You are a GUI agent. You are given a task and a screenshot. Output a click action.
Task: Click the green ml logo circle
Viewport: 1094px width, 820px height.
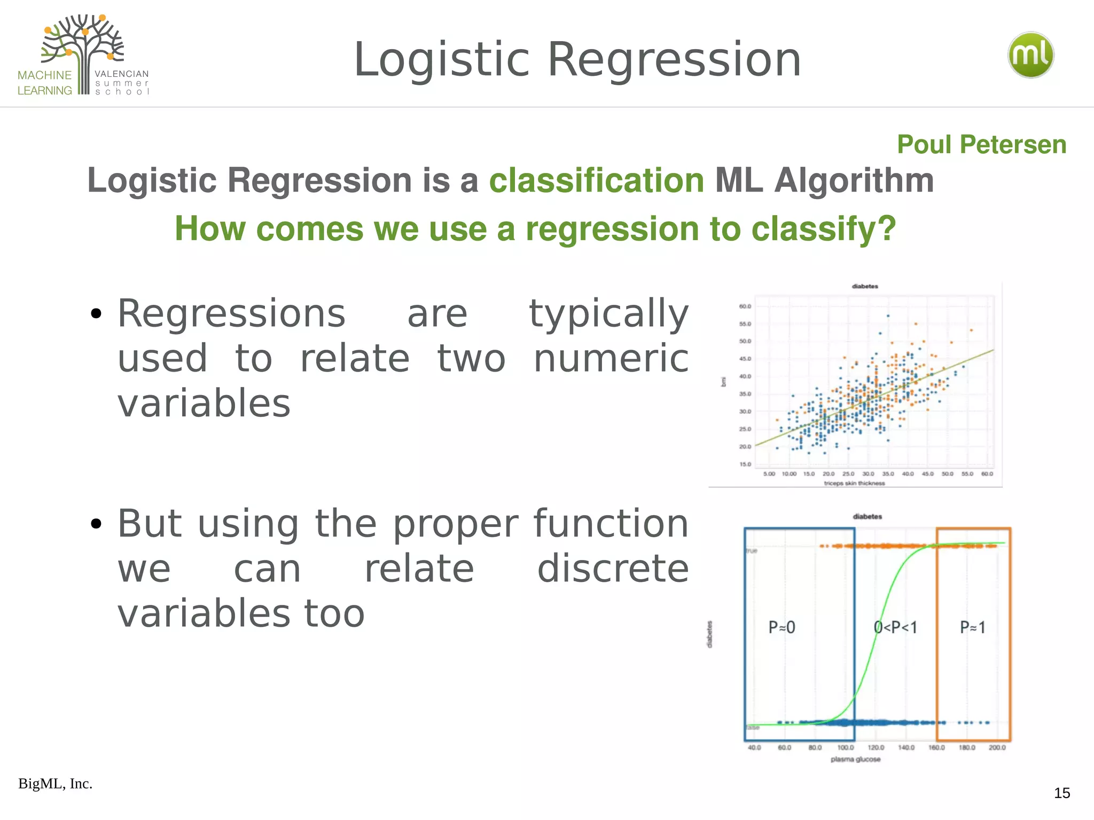tap(1030, 55)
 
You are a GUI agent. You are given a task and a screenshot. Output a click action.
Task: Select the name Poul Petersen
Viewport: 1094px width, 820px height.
tap(981, 145)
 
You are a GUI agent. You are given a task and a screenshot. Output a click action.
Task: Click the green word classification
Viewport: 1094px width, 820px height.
tap(597, 180)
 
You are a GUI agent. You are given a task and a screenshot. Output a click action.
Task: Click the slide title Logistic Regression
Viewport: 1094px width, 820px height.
tap(577, 59)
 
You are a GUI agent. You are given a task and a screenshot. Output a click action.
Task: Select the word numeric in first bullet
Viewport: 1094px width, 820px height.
tap(611, 358)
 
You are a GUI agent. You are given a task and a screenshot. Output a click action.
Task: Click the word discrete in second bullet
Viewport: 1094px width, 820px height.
tap(613, 569)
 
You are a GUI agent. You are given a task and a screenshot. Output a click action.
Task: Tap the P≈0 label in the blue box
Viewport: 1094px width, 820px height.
tap(782, 627)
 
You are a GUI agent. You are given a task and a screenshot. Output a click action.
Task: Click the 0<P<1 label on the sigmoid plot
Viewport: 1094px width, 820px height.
tap(895, 627)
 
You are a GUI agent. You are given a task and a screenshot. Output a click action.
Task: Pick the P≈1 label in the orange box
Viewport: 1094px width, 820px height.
tap(972, 627)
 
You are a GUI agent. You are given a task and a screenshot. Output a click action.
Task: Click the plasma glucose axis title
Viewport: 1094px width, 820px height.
tap(855, 759)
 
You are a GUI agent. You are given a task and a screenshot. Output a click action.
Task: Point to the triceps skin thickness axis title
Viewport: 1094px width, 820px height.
tap(854, 483)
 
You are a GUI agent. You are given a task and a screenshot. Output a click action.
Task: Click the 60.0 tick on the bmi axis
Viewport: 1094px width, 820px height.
tap(745, 306)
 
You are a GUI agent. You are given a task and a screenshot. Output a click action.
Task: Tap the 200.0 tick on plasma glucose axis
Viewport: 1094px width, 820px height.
tap(997, 747)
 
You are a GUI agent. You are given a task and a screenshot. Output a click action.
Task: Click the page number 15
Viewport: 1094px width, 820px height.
tap(1062, 793)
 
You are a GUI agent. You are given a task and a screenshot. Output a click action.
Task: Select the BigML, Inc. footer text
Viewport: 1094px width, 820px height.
tap(56, 784)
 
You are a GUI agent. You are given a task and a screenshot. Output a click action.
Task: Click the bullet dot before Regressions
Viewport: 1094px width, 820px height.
tap(96, 314)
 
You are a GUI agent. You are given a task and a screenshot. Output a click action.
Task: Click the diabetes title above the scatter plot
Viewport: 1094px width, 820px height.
tap(865, 287)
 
